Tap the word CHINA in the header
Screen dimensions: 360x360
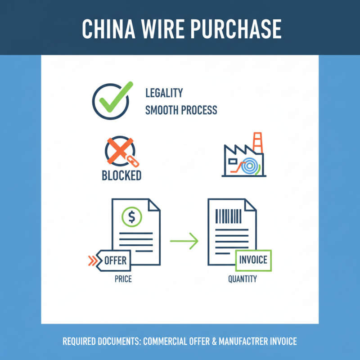[108, 29]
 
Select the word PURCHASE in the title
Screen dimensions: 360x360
[236, 29]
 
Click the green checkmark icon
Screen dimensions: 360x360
[116, 97]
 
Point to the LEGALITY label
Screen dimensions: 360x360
[164, 93]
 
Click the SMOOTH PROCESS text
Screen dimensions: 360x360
[181, 110]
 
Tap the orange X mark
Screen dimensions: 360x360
[120, 151]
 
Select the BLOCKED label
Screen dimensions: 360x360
[121, 175]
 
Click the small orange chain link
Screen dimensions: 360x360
[133, 161]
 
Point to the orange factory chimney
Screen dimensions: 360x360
[257, 142]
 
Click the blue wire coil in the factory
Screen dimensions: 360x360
[249, 166]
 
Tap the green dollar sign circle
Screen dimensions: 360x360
[132, 217]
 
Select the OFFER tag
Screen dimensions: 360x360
[113, 261]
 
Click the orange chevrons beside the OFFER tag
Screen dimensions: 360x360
[93, 261]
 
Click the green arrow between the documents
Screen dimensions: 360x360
[184, 241]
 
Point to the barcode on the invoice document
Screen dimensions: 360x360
[228, 216]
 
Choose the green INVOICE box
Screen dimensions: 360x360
[253, 261]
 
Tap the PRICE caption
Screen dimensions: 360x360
[123, 279]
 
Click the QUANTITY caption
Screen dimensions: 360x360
[243, 279]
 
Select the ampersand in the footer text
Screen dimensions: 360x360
[215, 341]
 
